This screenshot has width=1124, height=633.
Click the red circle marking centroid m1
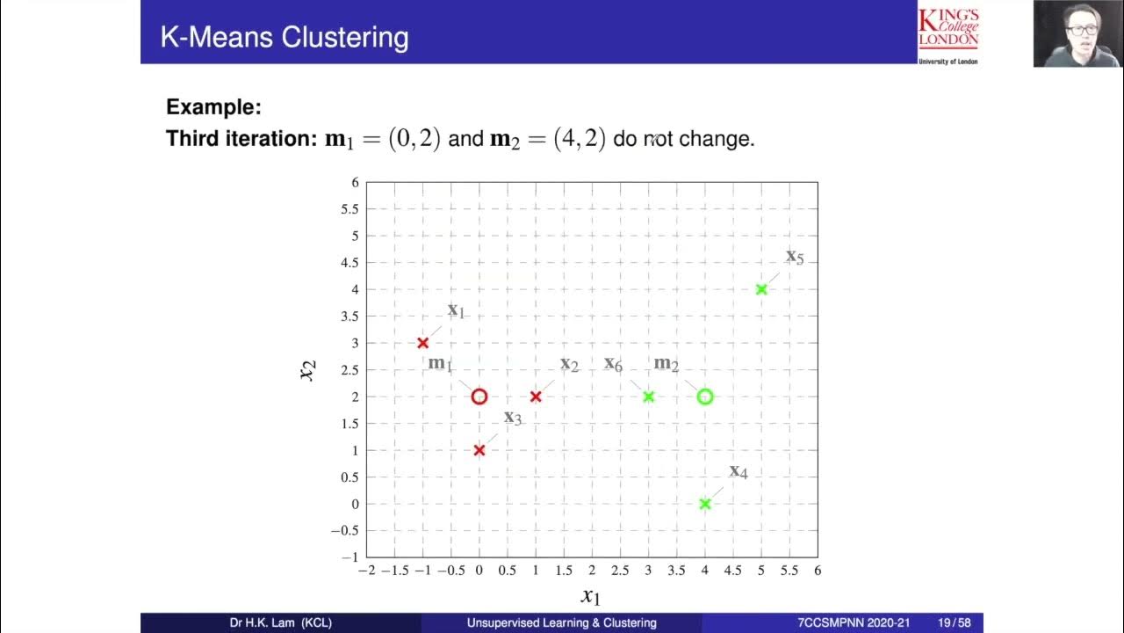(479, 397)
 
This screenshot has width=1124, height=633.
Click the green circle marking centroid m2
(704, 397)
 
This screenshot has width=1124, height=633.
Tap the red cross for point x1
(422, 343)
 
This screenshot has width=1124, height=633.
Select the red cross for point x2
(536, 397)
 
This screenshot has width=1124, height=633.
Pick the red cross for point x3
(479, 450)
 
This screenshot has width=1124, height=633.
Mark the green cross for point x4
(704, 504)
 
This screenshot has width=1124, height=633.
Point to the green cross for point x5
(761, 289)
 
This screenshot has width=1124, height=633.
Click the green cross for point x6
(648, 397)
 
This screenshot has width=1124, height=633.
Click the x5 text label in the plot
(794, 257)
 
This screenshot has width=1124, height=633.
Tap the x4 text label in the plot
(738, 471)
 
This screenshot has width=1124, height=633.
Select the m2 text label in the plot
(666, 364)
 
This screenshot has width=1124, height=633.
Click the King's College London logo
(948, 33)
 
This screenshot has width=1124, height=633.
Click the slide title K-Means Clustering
(284, 38)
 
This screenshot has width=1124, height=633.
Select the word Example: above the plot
(214, 107)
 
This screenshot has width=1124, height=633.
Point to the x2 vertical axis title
(307, 370)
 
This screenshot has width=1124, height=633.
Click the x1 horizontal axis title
(590, 596)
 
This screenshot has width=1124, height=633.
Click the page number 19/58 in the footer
(954, 623)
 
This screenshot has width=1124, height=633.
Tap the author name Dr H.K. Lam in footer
(280, 623)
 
